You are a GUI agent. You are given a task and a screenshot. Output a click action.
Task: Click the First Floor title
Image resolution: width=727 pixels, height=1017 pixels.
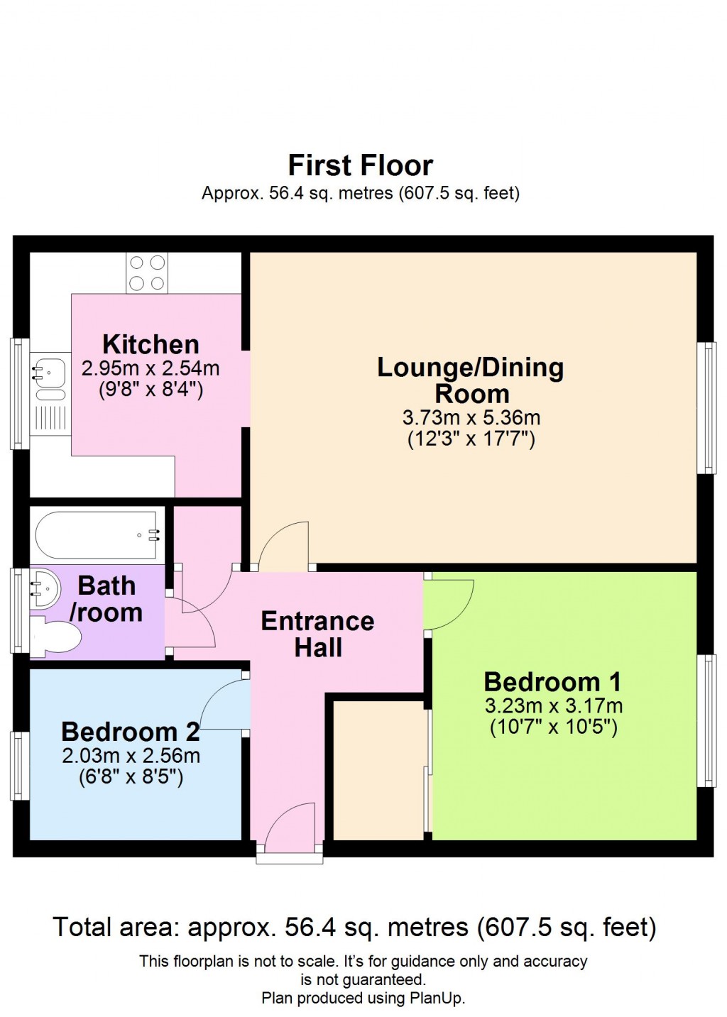(x=360, y=165)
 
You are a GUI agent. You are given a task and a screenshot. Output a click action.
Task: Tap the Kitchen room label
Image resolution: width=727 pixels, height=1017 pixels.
(x=151, y=344)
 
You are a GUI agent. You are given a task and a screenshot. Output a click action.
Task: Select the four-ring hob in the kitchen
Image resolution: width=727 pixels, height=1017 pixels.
(x=147, y=273)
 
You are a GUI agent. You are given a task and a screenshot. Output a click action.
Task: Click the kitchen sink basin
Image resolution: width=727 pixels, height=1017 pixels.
(x=49, y=371)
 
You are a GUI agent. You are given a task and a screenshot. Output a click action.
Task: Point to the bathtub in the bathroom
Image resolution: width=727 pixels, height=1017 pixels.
(x=97, y=535)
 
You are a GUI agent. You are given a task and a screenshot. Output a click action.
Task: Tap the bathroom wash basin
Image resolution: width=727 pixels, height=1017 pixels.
(x=44, y=588)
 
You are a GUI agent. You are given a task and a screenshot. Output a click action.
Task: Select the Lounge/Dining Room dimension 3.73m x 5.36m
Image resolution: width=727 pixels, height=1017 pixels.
(x=471, y=417)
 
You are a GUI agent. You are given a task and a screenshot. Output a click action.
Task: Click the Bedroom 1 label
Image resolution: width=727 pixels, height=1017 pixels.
(x=552, y=681)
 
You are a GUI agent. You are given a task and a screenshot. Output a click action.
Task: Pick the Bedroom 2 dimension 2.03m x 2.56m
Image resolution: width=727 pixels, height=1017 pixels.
(x=131, y=756)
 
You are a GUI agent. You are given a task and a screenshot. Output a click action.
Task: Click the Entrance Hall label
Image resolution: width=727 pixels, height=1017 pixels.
(x=317, y=634)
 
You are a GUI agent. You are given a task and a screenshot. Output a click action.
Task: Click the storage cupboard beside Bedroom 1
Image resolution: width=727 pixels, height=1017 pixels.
(x=378, y=770)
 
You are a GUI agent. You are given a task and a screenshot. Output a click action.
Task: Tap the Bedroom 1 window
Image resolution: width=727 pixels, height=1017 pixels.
(x=706, y=720)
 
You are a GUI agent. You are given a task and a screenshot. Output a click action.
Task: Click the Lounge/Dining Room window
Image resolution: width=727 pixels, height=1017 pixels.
(x=706, y=407)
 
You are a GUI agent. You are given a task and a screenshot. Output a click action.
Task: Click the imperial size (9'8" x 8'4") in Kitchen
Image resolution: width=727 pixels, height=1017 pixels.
(x=151, y=390)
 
